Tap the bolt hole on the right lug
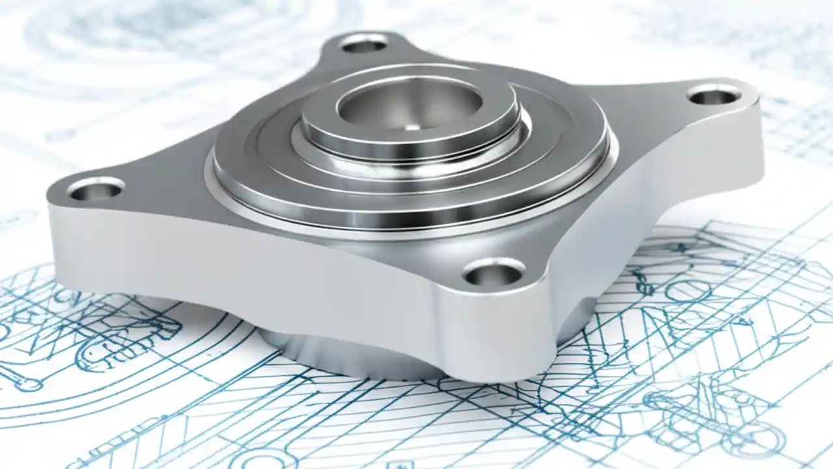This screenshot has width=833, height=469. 714,96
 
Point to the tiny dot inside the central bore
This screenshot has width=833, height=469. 409,128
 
